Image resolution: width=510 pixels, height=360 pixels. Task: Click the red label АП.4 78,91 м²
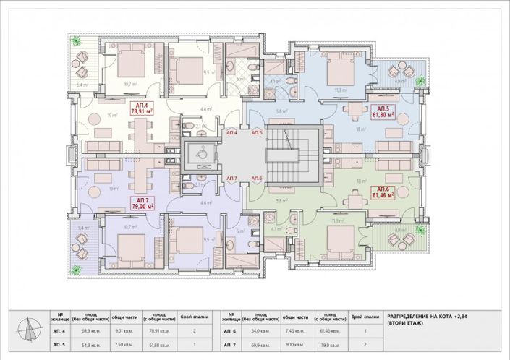(140, 110)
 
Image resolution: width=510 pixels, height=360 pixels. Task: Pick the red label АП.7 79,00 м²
(140, 202)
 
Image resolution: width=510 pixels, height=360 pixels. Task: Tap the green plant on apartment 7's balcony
(77, 270)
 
